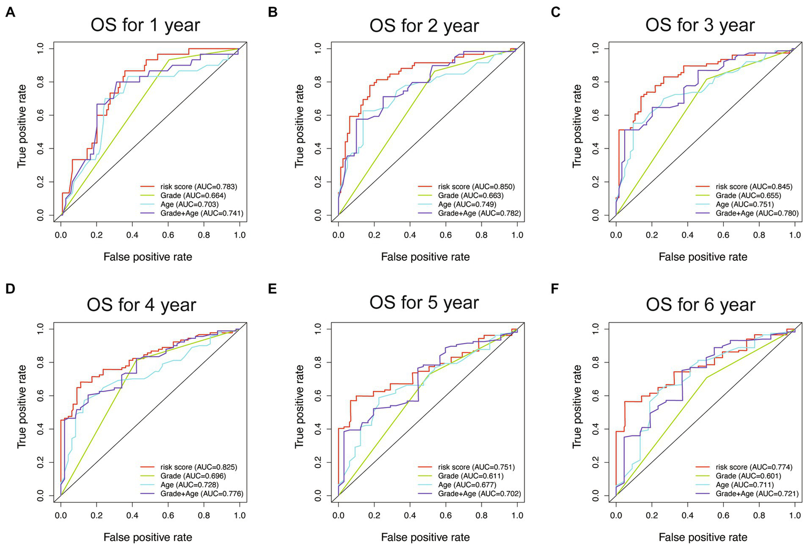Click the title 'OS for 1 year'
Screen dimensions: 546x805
(x=145, y=25)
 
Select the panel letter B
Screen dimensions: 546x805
(x=273, y=12)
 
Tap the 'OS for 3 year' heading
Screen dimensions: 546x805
(x=700, y=25)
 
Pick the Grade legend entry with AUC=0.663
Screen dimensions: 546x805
(x=470, y=195)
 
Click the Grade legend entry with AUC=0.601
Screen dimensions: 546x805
(x=748, y=476)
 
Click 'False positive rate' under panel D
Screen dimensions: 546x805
(x=148, y=537)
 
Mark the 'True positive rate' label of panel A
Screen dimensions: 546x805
(x=22, y=126)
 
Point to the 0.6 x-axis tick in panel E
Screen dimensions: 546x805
(x=446, y=515)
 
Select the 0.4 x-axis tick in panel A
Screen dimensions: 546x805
(x=132, y=234)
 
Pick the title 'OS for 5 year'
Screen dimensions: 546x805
(x=424, y=303)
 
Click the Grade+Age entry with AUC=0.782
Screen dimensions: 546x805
(x=479, y=213)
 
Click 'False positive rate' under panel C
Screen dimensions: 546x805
(x=703, y=256)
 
